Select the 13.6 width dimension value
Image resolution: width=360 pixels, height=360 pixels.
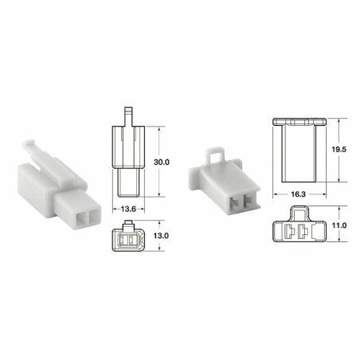coord(128,209)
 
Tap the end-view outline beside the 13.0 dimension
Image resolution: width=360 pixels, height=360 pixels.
coord(127,237)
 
